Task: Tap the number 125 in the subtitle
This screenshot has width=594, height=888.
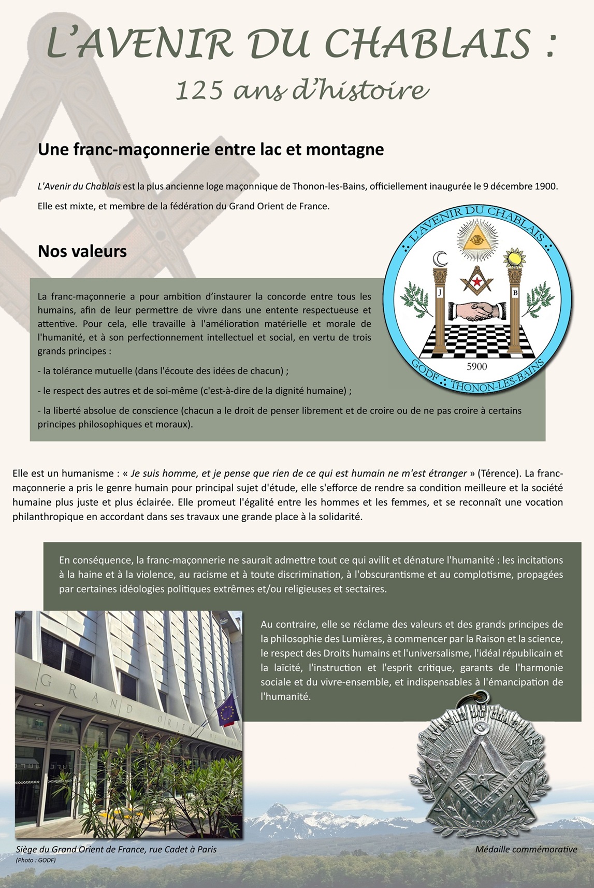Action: click(x=199, y=91)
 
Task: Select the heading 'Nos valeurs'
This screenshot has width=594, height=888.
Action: click(x=82, y=251)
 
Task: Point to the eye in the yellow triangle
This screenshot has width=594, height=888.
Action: click(x=477, y=239)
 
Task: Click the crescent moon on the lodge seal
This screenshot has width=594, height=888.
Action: click(x=440, y=259)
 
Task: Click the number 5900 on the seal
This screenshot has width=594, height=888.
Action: click(x=477, y=366)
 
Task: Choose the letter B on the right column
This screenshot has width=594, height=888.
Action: click(x=515, y=293)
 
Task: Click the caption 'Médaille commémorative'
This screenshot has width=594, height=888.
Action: click(x=526, y=849)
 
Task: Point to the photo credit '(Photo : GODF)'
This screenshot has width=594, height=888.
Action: click(x=36, y=860)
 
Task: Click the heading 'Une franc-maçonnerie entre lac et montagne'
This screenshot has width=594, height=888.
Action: click(x=211, y=149)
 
